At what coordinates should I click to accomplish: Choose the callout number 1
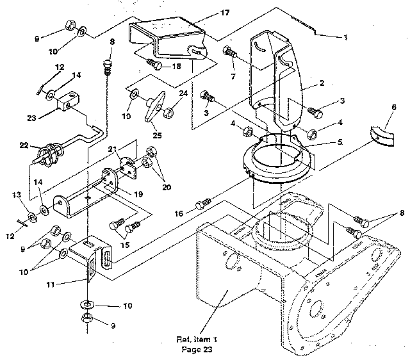(x=345, y=37)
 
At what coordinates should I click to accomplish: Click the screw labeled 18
(x=154, y=65)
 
